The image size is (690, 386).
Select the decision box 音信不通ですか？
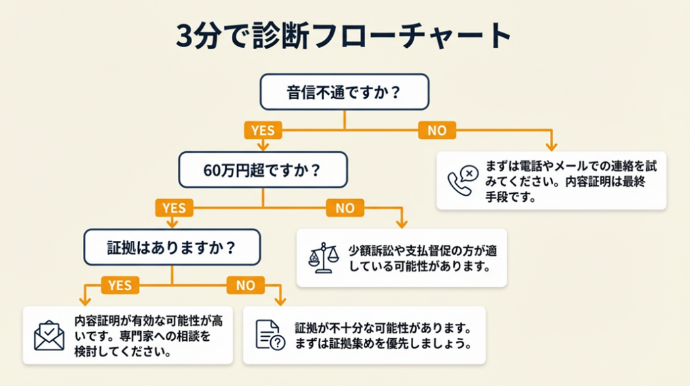(344, 92)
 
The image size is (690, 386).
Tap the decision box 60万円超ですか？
(263, 169)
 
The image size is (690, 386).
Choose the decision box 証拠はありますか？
(172, 247)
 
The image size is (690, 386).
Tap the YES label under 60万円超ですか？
(174, 208)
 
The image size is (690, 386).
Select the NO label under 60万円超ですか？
(344, 208)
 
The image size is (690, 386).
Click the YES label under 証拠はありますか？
(120, 285)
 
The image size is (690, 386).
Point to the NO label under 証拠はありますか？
(245, 285)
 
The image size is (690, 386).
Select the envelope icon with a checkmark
(49, 335)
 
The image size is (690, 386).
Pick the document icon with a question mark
(270, 335)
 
